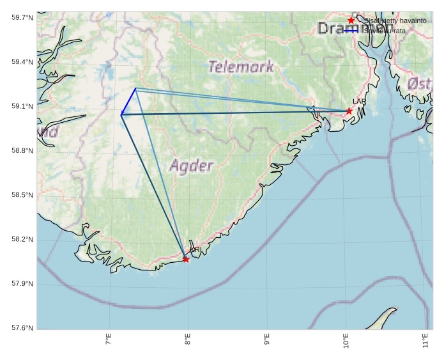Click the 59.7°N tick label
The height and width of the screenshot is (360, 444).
coord(22,18)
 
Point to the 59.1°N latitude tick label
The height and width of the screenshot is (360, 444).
coord(22,107)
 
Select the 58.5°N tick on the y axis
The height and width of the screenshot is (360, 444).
coord(22,195)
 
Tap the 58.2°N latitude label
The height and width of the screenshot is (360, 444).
coord(22,240)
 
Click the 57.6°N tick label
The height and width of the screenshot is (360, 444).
coord(22,328)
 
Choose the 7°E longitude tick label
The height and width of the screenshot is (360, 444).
coord(108,340)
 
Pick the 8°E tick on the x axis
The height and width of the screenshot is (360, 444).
coord(187,340)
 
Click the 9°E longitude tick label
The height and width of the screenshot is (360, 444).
coord(266,340)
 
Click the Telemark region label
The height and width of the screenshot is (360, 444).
coord(241,66)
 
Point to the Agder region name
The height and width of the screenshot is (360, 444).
coord(191,166)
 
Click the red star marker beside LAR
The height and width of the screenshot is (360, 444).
coord(349,111)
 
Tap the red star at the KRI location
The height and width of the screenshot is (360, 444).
coord(186,259)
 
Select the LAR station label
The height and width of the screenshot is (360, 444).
coord(359,102)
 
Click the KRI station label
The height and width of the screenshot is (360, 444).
coord(195,249)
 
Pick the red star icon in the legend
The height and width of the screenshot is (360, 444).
coord(351,20)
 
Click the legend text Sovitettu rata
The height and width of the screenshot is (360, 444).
coord(385,31)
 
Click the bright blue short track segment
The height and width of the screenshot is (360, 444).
coord(128,102)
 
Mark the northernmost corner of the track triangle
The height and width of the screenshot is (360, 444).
coord(135,88)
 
